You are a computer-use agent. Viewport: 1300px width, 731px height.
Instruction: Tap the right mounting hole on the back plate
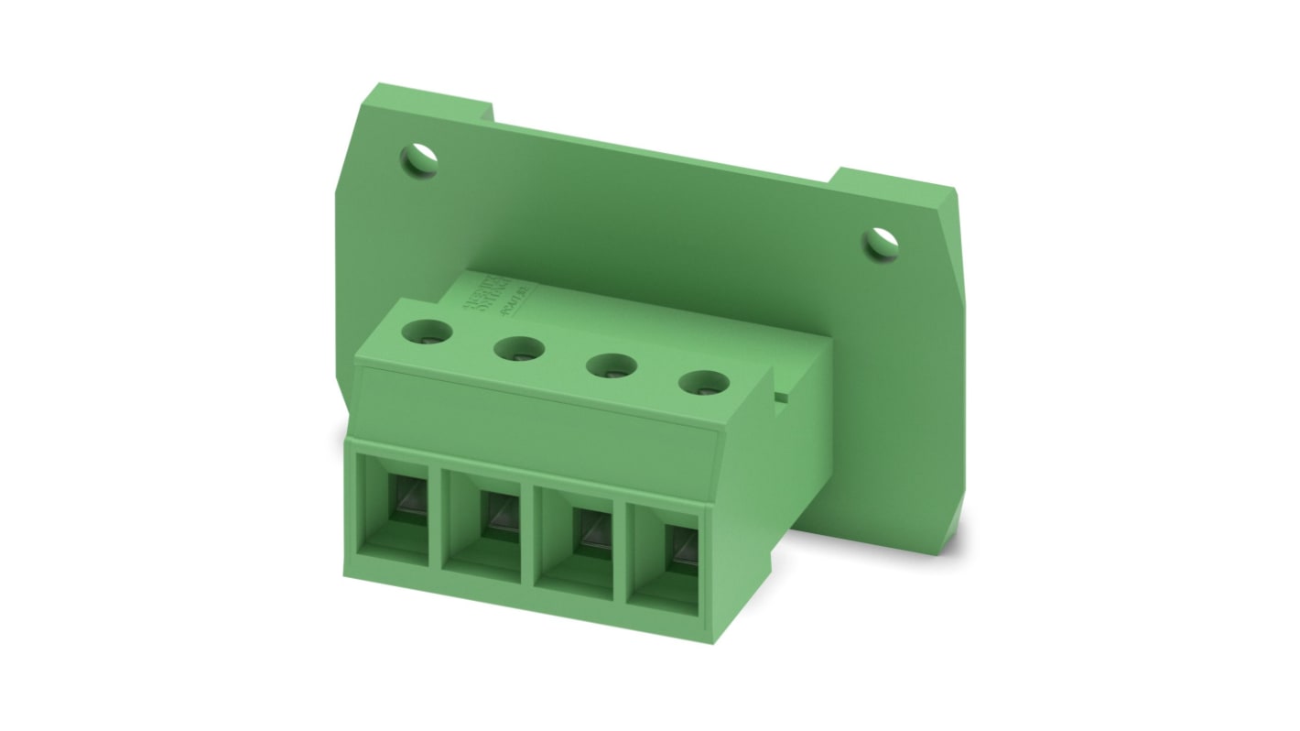[x=881, y=241]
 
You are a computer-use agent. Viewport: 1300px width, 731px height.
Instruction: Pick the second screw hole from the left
[x=517, y=348]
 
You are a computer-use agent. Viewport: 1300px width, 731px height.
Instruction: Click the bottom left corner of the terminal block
[x=345, y=574]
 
